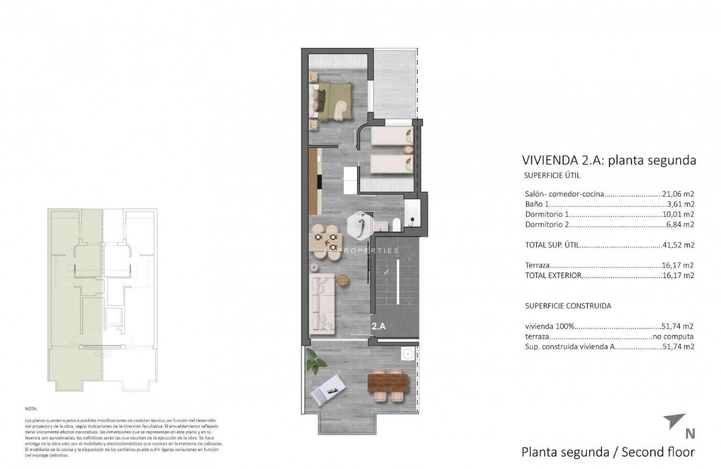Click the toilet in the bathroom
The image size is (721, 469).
[x=396, y=223]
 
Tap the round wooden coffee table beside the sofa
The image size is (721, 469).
[x=342, y=280]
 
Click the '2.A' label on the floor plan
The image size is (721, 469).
[x=379, y=326]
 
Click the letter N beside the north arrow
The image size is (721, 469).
[x=690, y=434]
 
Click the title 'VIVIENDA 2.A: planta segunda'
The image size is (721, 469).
[x=608, y=160]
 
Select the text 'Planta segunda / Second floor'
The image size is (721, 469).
[x=608, y=452]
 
